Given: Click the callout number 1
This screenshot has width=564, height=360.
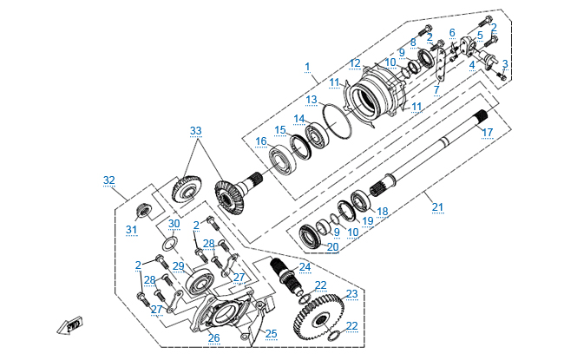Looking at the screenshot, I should point(307,67).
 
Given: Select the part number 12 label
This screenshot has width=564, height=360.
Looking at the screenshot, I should point(355,62).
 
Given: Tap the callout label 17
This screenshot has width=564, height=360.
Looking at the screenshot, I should point(487,133).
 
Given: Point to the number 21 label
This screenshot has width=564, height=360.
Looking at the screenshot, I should point(437,206).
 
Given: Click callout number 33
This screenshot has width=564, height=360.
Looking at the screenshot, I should point(196,131).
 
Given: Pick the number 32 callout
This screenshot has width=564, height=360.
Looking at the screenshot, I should point(108,180).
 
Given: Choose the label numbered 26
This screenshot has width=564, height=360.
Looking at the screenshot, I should point(213,337).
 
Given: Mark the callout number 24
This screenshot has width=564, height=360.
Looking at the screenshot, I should point(305,266).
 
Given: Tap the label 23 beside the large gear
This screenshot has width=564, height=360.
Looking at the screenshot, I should point(351,293).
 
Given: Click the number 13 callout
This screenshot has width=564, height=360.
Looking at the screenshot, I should point(310,100).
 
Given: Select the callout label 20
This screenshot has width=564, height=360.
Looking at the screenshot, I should point(333,246).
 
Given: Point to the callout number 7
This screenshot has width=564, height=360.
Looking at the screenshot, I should point(437,89).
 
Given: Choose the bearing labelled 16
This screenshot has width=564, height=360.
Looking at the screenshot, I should point(281,162).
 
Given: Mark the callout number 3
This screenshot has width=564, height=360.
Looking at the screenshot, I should point(504,64).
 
